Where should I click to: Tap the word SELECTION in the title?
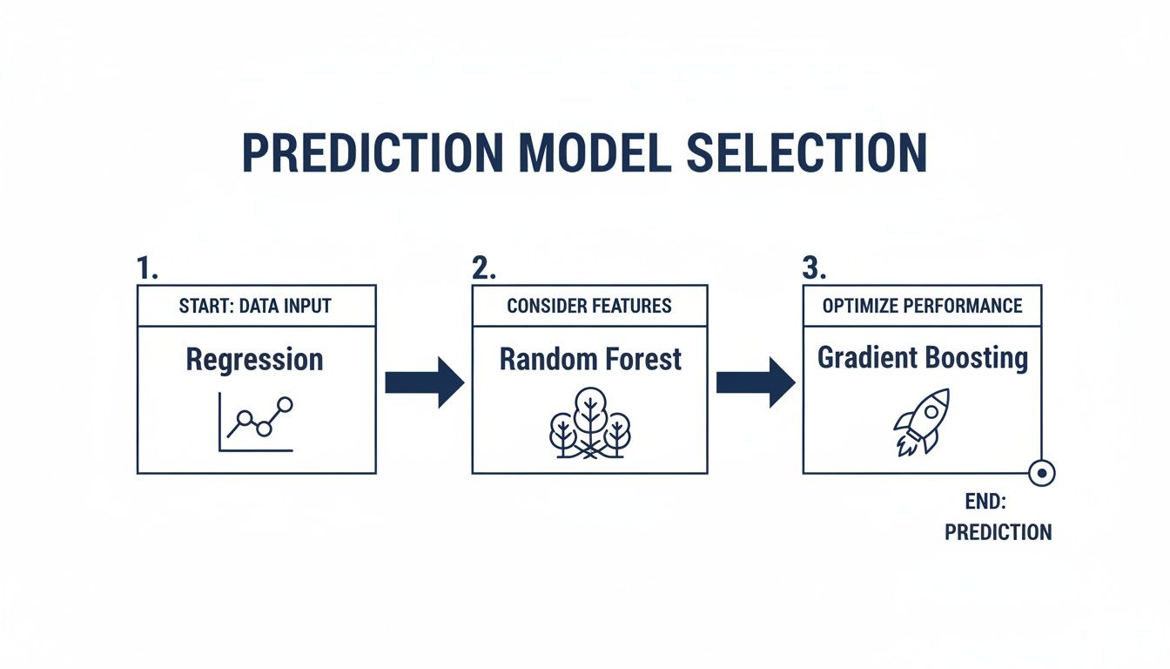pyautogui.click(x=806, y=153)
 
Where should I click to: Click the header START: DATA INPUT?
pyautogui.click(x=256, y=306)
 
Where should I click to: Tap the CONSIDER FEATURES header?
pyautogui.click(x=589, y=306)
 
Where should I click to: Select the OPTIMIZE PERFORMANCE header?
pyautogui.click(x=922, y=306)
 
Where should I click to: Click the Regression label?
pyautogui.click(x=255, y=359)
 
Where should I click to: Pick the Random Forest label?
pyautogui.click(x=590, y=359)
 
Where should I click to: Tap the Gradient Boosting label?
pyautogui.click(x=923, y=358)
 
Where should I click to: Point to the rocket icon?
pyautogui.click(x=921, y=422)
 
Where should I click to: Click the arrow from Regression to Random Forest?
pyautogui.click(x=424, y=382)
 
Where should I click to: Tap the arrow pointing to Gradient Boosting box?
pyautogui.click(x=755, y=382)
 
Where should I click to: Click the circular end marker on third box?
pyautogui.click(x=1041, y=473)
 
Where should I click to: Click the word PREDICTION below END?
pyautogui.click(x=998, y=531)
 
